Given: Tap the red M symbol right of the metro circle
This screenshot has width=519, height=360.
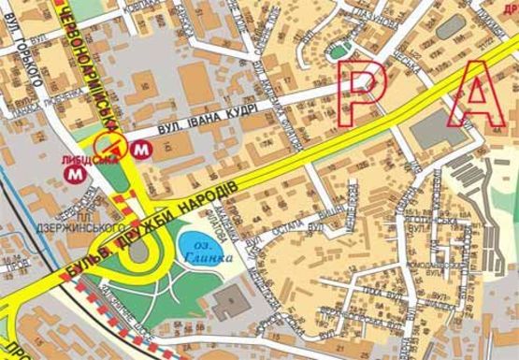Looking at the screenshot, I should [141, 148].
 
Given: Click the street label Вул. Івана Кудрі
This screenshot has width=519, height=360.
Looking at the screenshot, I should [195, 126].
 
